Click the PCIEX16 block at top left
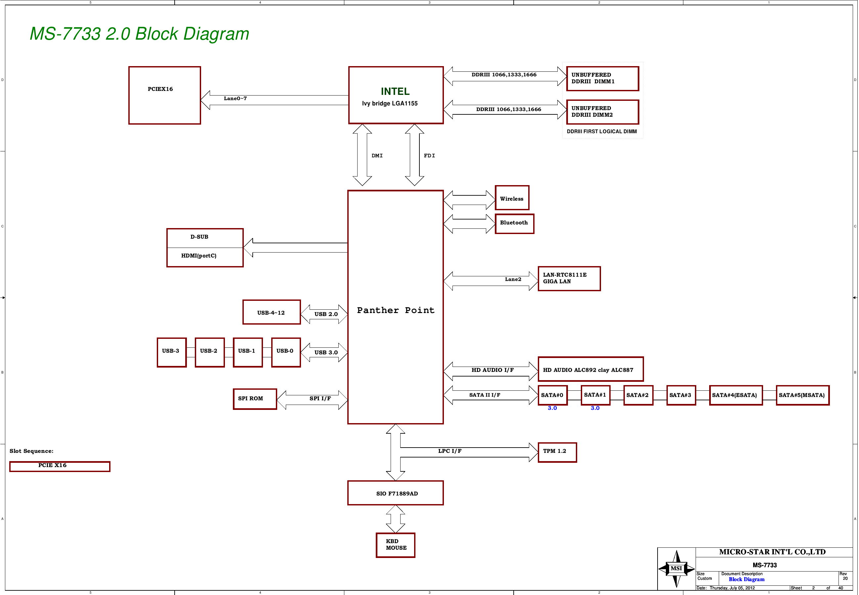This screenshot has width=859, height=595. (x=164, y=95)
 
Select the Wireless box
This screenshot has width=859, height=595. (x=512, y=198)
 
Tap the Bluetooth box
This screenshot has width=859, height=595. (x=514, y=224)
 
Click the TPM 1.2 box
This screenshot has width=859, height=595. (x=557, y=452)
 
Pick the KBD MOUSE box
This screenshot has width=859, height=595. (x=395, y=545)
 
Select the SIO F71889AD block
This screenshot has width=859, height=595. (x=395, y=493)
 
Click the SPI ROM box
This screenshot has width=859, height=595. (x=255, y=399)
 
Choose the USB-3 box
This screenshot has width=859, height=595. (x=172, y=352)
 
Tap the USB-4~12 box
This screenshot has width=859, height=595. (x=271, y=312)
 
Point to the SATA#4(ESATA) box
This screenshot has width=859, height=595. (x=735, y=395)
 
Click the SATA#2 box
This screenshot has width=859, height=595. (x=638, y=395)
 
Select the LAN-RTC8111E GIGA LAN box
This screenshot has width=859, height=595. (x=569, y=278)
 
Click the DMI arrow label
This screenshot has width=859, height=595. (x=377, y=156)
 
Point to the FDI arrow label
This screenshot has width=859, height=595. (x=429, y=156)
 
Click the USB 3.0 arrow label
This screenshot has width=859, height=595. (x=325, y=352)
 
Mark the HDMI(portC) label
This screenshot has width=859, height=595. (x=199, y=256)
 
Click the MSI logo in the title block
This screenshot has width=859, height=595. (x=676, y=568)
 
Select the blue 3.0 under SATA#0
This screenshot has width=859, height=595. (x=552, y=408)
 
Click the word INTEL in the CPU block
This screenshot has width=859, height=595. (x=395, y=91)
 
